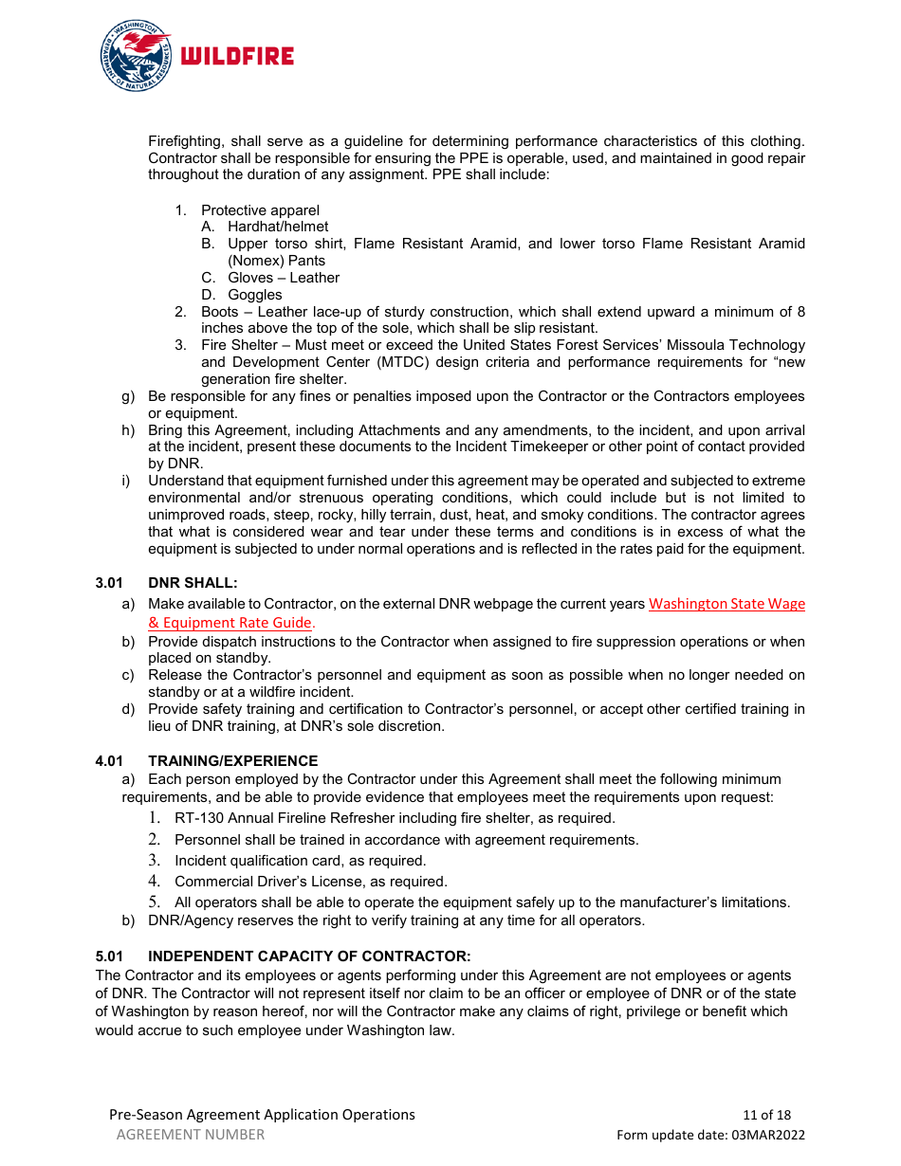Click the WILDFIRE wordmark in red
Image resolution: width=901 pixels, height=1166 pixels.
click(x=237, y=57)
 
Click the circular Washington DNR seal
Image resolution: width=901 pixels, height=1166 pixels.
click(x=136, y=57)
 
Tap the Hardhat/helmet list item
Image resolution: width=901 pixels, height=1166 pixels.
click(x=278, y=227)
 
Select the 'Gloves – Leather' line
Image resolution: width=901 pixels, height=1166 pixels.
click(x=284, y=278)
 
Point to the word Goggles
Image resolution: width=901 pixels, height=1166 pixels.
click(x=255, y=295)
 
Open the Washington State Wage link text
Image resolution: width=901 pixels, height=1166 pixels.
click(x=726, y=604)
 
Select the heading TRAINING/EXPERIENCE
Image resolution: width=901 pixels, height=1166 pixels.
click(x=232, y=761)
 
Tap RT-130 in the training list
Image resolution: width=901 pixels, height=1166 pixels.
click(x=197, y=818)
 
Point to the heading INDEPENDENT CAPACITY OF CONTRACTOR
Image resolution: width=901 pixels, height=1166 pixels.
click(x=309, y=956)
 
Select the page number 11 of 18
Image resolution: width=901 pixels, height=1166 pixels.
click(x=766, y=1115)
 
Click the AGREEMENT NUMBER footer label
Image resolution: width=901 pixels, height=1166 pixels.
click(x=191, y=1135)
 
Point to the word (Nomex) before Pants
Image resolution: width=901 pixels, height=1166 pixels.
click(x=256, y=261)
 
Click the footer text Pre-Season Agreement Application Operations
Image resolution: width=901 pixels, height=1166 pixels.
click(x=262, y=1115)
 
